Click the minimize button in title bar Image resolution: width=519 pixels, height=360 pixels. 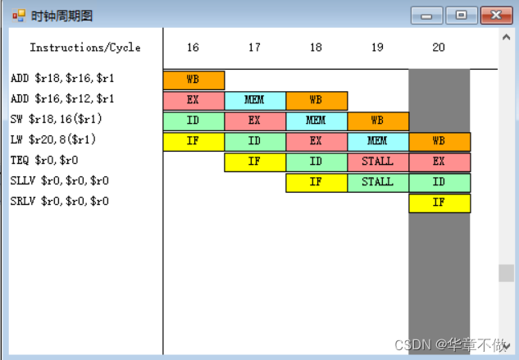(x=427, y=15)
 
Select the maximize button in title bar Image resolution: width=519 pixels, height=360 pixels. (x=462, y=15)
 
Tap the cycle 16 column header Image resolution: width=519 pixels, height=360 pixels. (x=193, y=48)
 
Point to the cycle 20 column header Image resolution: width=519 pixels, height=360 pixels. (x=439, y=48)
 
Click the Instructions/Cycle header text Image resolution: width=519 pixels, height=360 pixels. (x=85, y=48)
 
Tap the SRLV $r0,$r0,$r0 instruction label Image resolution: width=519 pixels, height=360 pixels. (x=60, y=202)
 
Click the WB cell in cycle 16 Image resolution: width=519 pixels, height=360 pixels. (x=193, y=80)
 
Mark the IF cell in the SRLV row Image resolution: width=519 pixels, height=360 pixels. (x=439, y=203)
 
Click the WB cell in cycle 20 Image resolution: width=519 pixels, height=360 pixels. (x=439, y=142)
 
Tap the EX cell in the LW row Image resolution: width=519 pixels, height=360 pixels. (x=316, y=142)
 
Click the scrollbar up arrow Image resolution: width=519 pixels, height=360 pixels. (x=506, y=37)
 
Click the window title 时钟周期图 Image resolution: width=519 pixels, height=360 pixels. (x=61, y=16)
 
